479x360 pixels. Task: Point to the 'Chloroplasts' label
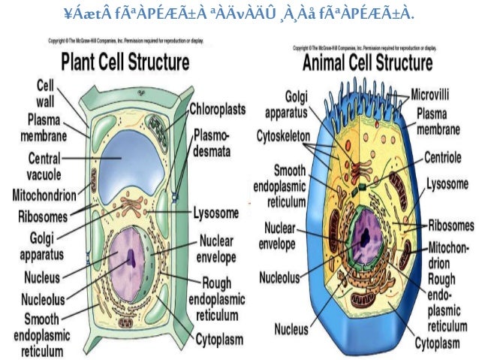coord(218,110)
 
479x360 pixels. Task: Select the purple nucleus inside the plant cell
coord(131,259)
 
